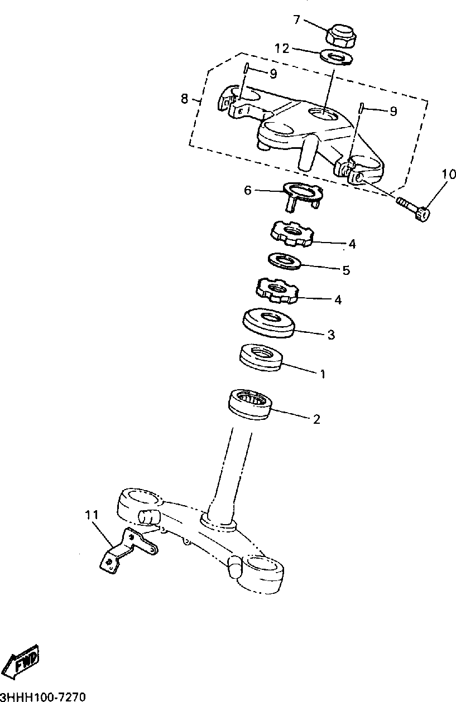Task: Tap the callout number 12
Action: (282, 49)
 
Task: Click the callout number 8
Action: (184, 99)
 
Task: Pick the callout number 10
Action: (449, 175)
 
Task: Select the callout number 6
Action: (248, 190)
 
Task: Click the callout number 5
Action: (346, 270)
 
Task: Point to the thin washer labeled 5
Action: (285, 260)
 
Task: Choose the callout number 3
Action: (330, 335)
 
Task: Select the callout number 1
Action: (321, 373)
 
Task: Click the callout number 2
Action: (316, 419)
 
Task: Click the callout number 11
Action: (92, 514)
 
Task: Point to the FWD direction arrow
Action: (21, 663)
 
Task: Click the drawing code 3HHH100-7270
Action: (43, 696)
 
